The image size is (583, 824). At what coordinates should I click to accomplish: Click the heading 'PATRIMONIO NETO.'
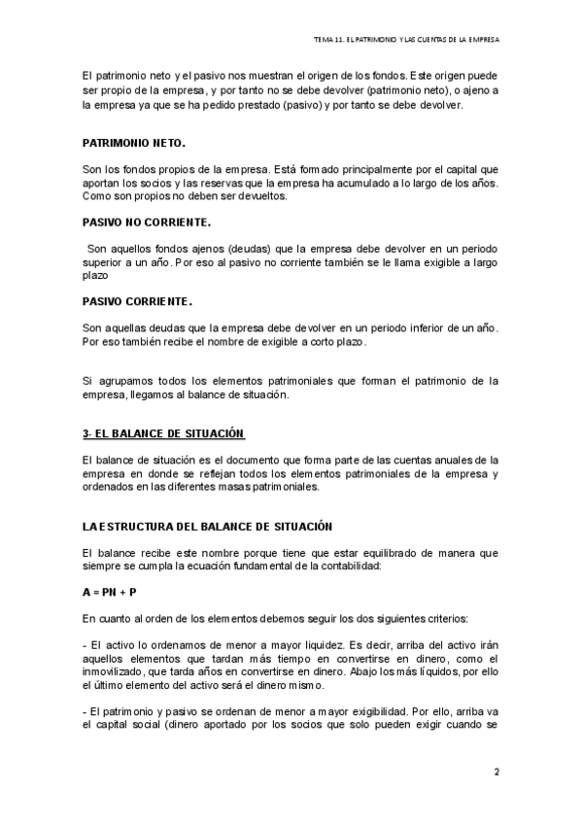pyautogui.click(x=133, y=143)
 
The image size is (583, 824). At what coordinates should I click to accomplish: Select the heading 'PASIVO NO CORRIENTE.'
pyautogui.click(x=146, y=222)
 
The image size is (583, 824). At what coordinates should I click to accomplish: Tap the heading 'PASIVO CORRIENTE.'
pyautogui.click(x=137, y=300)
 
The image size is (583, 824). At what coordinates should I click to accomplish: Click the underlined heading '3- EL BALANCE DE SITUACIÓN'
pyautogui.click(x=162, y=432)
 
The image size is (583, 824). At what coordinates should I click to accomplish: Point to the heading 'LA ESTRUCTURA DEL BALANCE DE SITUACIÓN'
pyautogui.click(x=208, y=526)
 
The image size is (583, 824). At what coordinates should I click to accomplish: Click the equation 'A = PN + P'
pyautogui.click(x=110, y=592)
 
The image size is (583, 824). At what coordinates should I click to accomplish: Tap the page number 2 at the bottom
pyautogui.click(x=496, y=773)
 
